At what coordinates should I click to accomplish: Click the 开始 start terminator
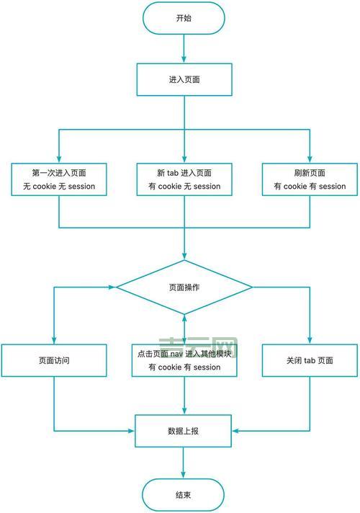click(x=184, y=18)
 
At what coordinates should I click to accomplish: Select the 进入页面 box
click(x=184, y=79)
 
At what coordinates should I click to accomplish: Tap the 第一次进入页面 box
click(x=58, y=179)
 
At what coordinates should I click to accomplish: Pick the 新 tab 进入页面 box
click(x=184, y=179)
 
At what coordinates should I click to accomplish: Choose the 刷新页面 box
click(x=310, y=179)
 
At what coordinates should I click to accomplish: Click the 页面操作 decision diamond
click(x=184, y=287)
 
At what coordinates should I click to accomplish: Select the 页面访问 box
click(x=54, y=360)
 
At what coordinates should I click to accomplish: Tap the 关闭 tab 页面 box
click(x=310, y=360)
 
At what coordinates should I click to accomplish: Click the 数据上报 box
click(x=184, y=431)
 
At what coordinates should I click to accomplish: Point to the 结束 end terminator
click(x=184, y=495)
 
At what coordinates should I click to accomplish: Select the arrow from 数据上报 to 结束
click(x=184, y=463)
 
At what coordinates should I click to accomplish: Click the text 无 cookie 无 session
click(x=58, y=187)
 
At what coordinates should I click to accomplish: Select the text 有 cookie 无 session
click(x=184, y=187)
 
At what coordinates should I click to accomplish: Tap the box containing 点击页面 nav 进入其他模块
click(x=184, y=360)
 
